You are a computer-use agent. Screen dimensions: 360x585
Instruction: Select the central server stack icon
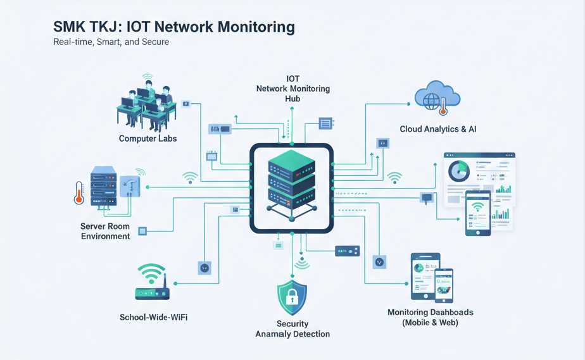pos(292,181)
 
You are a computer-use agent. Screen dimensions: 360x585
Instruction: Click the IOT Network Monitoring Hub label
pos(292,89)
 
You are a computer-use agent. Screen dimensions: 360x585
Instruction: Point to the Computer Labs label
pos(148,138)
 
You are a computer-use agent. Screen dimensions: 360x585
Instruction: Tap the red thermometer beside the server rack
pos(79,192)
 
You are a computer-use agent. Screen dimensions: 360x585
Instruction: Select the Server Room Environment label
pos(105,231)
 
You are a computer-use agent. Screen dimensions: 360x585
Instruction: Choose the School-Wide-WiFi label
pos(153,316)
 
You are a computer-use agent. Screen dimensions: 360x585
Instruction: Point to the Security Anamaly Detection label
pos(292,329)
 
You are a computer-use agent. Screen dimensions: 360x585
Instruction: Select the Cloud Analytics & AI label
pos(438,129)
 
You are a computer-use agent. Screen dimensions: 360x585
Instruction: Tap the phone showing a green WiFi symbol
pos(478,213)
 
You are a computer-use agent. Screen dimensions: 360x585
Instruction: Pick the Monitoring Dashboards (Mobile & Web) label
pos(430,318)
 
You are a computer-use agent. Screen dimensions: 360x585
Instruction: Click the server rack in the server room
pos(103,186)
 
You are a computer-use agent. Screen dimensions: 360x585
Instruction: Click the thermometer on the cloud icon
pos(443,104)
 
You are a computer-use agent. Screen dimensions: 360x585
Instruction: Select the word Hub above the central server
pos(292,99)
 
